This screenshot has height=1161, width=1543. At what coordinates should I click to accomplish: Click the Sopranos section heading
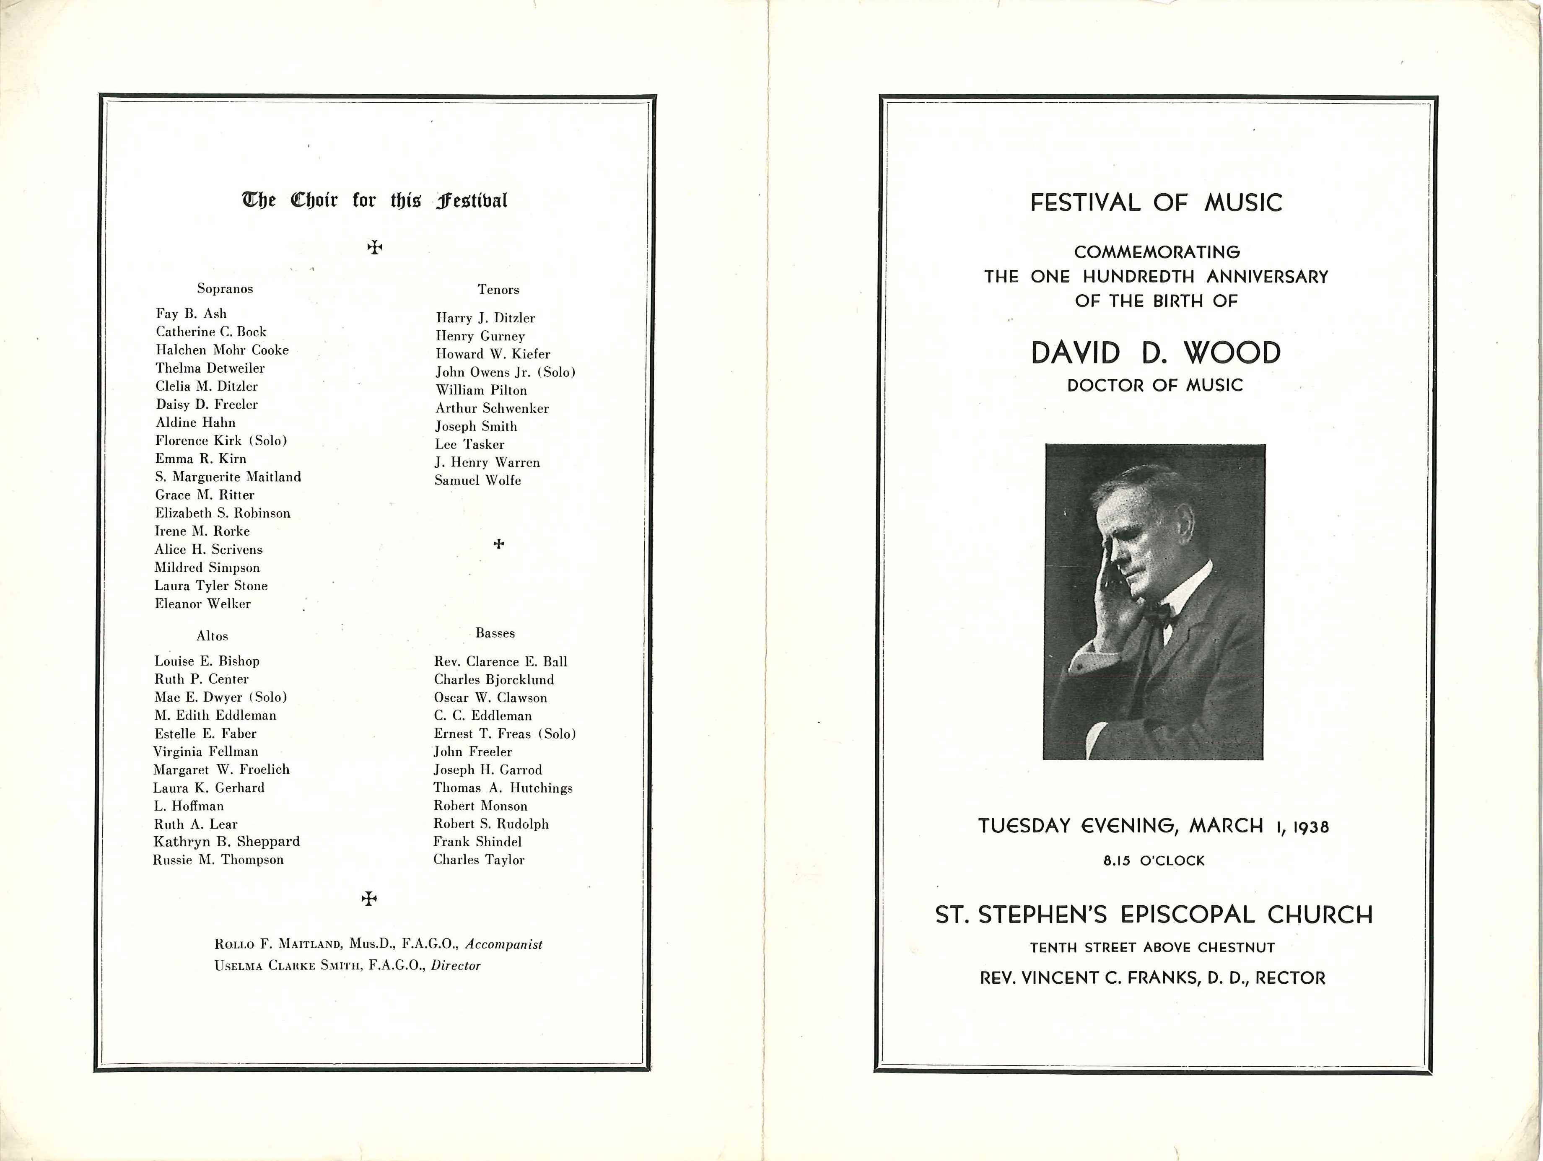225,289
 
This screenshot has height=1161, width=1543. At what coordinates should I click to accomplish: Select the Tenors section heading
498,289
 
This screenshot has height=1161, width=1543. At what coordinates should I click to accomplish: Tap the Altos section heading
212,636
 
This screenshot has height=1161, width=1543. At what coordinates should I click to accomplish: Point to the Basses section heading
495,633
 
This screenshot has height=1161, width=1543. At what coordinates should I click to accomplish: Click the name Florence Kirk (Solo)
221,441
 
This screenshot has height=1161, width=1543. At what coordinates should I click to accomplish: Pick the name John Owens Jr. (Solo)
506,372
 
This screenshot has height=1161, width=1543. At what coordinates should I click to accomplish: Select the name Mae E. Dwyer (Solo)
220,697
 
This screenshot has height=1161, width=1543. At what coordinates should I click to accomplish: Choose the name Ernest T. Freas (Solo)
505,733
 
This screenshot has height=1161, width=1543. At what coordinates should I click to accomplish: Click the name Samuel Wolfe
478,480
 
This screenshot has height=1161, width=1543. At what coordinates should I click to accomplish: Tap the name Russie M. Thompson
218,860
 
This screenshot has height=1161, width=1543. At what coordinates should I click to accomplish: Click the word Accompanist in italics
503,944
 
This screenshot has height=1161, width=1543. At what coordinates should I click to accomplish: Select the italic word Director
456,966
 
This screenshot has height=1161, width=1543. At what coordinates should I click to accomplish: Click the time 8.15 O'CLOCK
1154,860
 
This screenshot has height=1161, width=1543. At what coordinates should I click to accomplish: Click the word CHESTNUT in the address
1236,948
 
